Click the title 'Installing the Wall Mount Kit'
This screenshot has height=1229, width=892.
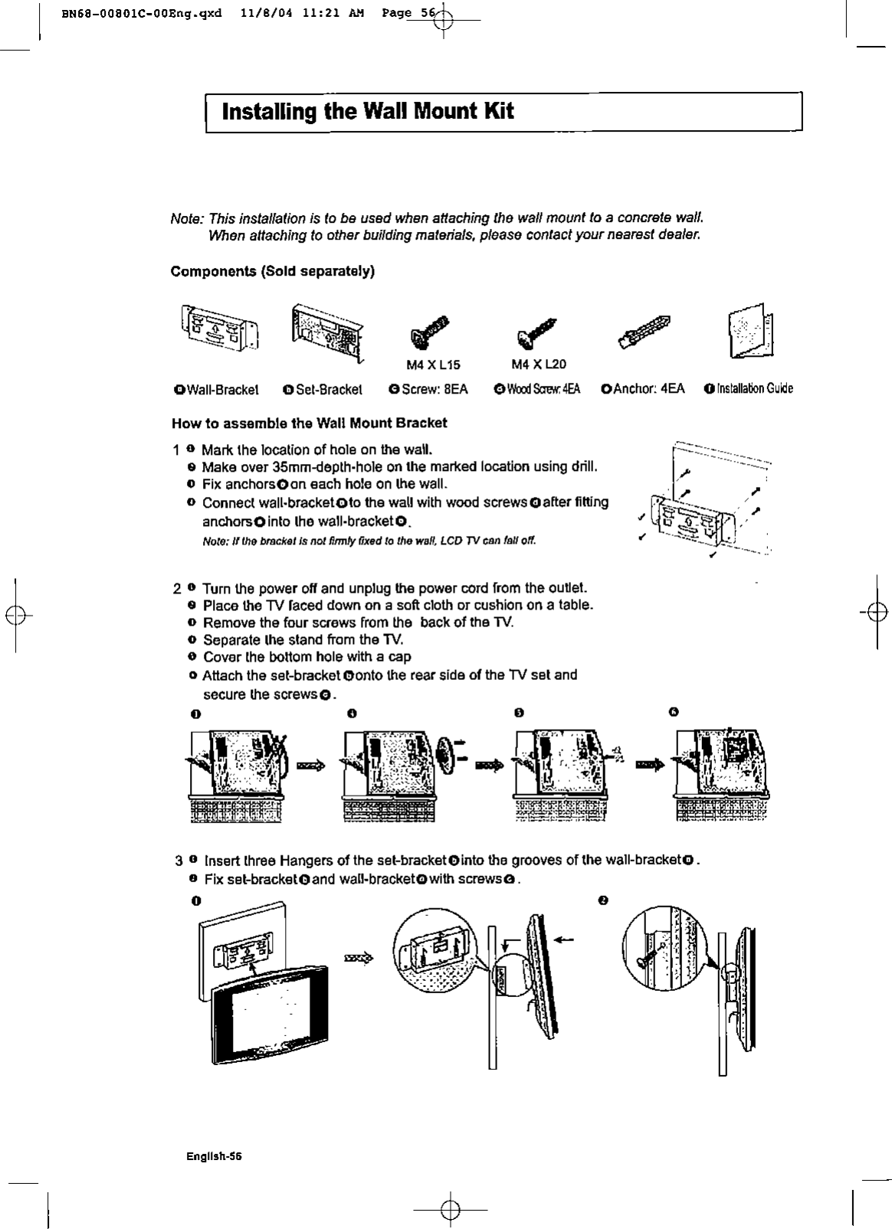(367, 112)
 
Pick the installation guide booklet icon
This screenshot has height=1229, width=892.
(749, 331)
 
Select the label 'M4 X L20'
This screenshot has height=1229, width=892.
(540, 364)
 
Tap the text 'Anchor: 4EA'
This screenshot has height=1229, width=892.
(648, 389)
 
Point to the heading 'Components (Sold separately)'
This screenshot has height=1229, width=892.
(272, 272)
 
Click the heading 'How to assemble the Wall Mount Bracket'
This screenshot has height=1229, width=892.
(309, 423)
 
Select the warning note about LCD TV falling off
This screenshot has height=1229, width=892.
(369, 541)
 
